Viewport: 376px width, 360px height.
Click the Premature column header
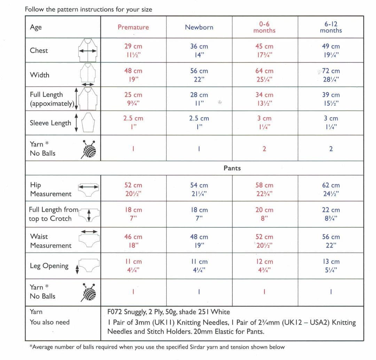coord(133,27)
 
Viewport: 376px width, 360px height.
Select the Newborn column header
coord(199,27)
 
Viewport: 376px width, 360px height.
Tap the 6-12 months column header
coord(331,27)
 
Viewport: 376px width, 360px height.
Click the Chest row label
coord(39,50)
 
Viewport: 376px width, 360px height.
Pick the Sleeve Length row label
coord(50,123)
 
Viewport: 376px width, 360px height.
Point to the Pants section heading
coord(232,168)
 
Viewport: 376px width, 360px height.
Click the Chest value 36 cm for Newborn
coord(199,46)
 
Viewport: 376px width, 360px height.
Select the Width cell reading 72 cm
coord(331,71)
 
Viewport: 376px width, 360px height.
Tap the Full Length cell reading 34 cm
coord(264,95)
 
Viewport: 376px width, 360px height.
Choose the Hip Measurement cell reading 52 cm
coord(133,186)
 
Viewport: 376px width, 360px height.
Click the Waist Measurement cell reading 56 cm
coord(331,237)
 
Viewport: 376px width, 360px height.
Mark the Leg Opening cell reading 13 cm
coord(331,262)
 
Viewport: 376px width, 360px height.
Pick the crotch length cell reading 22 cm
coord(331,210)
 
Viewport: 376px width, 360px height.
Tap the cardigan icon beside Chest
coord(87,50)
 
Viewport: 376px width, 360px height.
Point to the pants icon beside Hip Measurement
coord(88,188)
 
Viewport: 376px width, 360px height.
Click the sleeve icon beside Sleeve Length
coord(87,122)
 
